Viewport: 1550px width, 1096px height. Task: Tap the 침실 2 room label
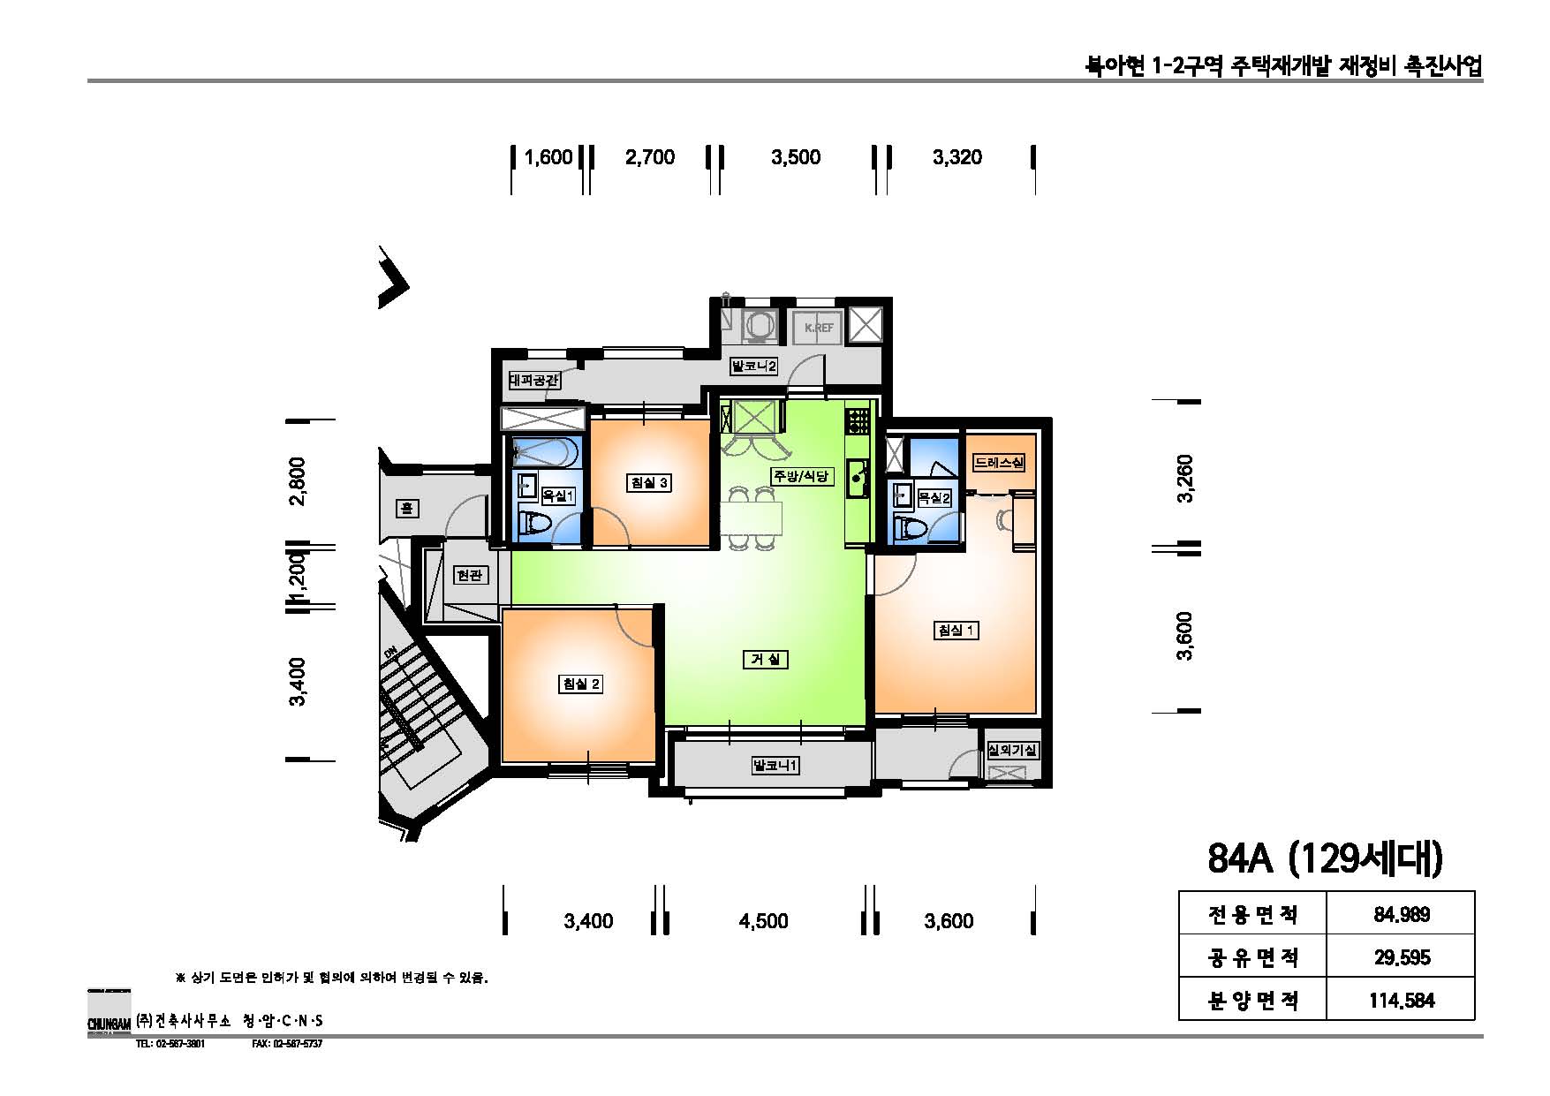click(x=581, y=684)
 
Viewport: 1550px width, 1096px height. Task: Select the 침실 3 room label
click(x=649, y=483)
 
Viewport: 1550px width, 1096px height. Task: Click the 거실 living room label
click(x=764, y=660)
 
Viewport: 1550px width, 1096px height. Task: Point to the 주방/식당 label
click(x=801, y=476)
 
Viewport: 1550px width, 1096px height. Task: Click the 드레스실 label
click(x=1000, y=462)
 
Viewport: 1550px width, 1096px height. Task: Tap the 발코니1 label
click(x=775, y=766)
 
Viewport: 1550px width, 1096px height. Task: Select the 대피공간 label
click(x=534, y=382)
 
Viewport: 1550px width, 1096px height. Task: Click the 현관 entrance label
click(x=469, y=575)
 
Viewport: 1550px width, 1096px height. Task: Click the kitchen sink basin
click(x=857, y=477)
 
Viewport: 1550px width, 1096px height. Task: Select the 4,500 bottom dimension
click(x=763, y=921)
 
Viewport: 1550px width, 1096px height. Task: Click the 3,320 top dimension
click(x=956, y=157)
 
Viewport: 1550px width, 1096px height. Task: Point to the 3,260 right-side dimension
click(x=1185, y=478)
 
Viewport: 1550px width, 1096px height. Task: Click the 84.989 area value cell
click(x=1401, y=914)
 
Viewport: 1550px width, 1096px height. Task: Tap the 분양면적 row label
click(x=1251, y=1000)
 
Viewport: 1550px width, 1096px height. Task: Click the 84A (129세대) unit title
click(x=1324, y=858)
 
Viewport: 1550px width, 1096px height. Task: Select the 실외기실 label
click(x=1012, y=750)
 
